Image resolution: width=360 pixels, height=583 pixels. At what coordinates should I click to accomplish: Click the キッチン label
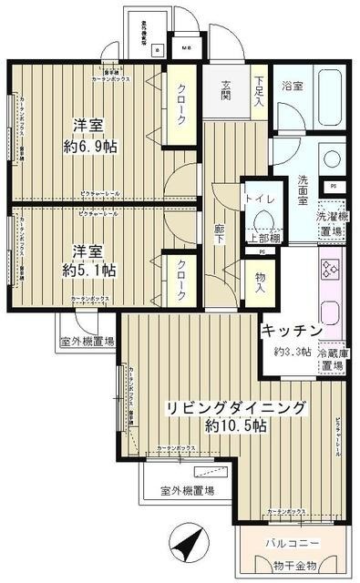pos(293,330)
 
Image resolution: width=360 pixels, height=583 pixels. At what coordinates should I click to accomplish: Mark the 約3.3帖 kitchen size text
pos(293,351)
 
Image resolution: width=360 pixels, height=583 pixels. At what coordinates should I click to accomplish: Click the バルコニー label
pos(293,543)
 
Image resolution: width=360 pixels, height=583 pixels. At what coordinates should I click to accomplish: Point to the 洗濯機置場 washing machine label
pos(331,224)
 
